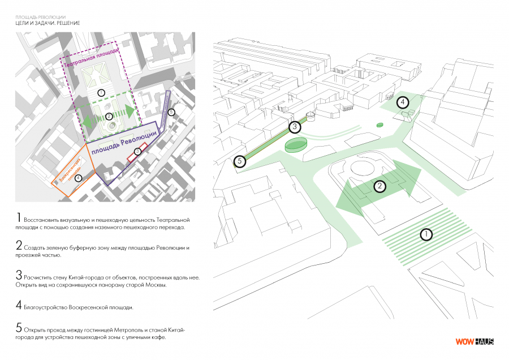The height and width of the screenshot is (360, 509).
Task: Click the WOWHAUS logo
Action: (x=475, y=341)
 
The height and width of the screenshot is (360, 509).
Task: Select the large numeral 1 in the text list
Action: (x=19, y=218)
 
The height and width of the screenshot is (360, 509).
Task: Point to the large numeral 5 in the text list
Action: (x=19, y=328)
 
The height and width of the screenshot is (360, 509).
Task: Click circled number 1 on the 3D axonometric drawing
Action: (x=426, y=234)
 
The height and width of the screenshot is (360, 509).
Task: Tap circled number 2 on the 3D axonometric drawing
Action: (x=380, y=185)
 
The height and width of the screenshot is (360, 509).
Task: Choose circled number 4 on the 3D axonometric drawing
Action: (x=402, y=102)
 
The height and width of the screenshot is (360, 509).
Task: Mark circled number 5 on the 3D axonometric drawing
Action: (x=240, y=161)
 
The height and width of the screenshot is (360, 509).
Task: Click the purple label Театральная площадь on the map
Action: (x=90, y=59)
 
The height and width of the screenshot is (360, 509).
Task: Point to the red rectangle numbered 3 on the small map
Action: (x=138, y=153)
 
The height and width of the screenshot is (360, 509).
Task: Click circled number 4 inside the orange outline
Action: (x=78, y=177)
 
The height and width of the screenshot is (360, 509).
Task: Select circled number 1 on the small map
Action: (x=101, y=92)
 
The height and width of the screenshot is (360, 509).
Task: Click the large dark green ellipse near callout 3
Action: (x=295, y=145)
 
